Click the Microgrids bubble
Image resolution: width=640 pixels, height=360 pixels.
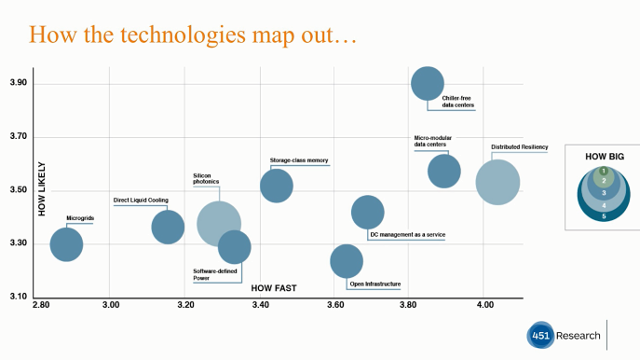66,244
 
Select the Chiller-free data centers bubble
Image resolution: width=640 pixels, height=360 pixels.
427,84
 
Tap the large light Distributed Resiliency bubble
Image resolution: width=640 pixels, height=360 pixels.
497,183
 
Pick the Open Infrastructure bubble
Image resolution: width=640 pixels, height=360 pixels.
346,261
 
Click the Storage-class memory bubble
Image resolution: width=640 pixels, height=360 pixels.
277,185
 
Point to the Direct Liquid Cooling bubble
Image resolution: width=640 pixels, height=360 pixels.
168,227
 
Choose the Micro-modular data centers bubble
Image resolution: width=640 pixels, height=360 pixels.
444,171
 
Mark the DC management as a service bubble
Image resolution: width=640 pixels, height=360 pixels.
368,212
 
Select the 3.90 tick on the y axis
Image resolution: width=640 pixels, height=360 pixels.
16,84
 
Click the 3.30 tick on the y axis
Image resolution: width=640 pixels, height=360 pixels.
16,244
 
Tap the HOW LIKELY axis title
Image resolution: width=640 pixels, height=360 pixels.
42,190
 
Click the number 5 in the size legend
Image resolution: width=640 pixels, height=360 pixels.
603,215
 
